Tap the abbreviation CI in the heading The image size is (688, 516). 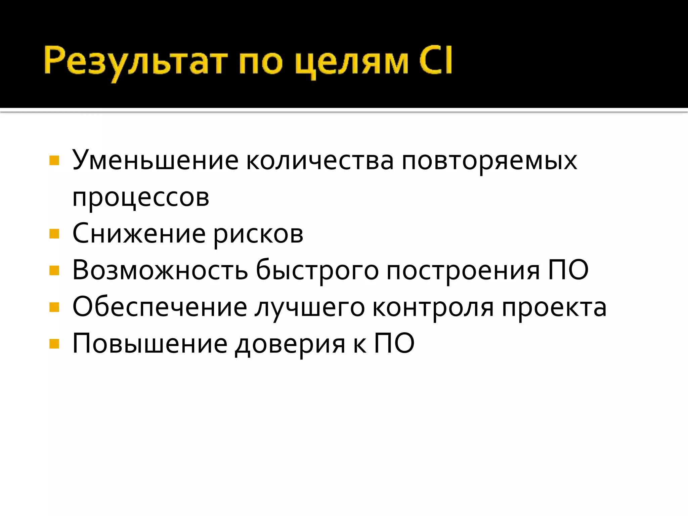435,60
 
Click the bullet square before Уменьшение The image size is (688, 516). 54,161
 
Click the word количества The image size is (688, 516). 320,161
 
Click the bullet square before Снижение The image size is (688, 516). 54,233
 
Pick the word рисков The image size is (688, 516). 258,234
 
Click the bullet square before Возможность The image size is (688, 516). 54,270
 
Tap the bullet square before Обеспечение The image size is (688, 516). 54,307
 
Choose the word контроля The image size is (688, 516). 433,307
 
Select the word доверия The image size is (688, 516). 290,345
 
